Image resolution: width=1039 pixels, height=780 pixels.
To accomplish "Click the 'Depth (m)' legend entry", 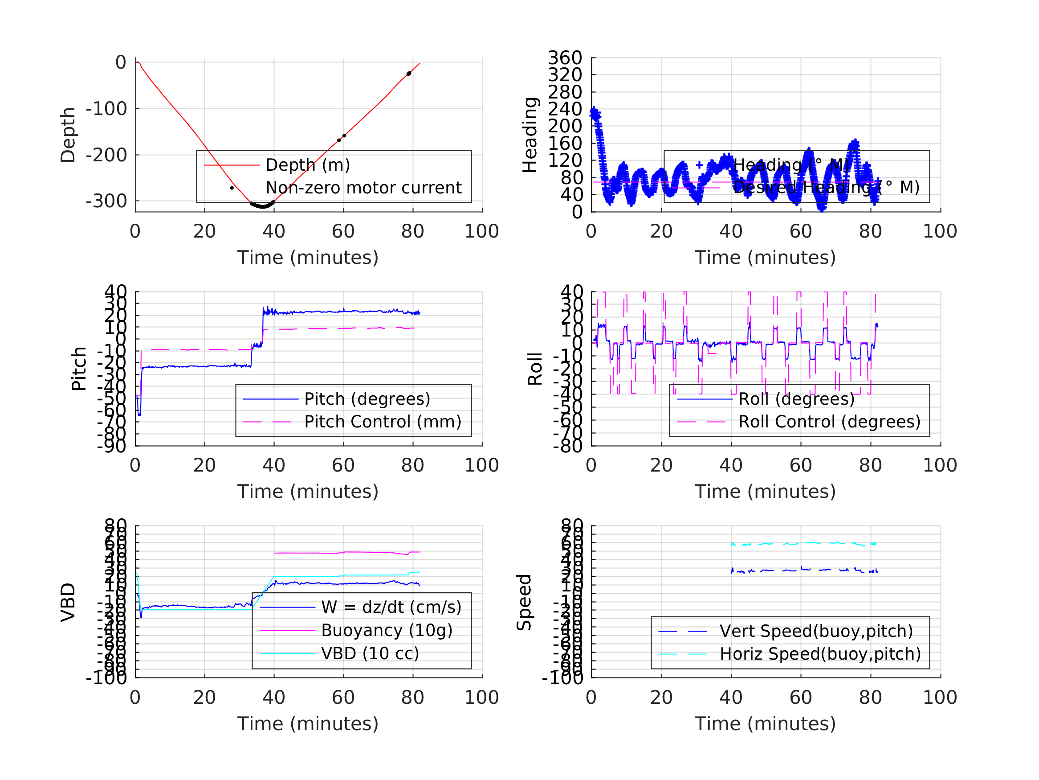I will click(308, 165).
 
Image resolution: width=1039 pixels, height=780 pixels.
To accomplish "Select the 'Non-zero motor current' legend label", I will click(363, 188).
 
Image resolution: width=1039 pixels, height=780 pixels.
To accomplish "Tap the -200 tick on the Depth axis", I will click(106, 155).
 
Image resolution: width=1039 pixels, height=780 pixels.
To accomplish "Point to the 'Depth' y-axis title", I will click(68, 135).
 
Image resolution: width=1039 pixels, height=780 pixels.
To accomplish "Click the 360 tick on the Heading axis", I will click(565, 58).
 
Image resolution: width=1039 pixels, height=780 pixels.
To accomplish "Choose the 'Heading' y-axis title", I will click(530, 135).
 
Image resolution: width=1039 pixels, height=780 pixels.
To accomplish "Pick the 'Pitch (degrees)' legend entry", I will click(367, 399).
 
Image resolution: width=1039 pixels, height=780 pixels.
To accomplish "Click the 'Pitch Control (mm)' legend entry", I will click(383, 422).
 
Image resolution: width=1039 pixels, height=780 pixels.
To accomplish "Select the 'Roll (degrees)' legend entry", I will click(796, 399).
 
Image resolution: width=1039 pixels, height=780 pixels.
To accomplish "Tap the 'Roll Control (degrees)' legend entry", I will click(829, 422).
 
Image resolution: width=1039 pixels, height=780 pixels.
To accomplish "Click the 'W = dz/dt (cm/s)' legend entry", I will click(391, 607).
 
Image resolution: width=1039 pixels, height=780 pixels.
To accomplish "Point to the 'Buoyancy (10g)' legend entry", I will click(387, 630).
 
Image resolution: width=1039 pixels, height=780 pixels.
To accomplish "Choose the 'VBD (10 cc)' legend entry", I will click(370, 653).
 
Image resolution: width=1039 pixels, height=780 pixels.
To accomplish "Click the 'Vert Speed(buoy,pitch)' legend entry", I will click(816, 631).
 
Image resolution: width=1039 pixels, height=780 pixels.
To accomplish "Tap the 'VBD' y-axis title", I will click(68, 602).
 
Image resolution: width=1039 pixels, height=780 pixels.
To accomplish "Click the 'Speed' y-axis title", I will click(524, 602).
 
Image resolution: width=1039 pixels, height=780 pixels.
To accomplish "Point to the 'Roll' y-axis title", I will click(535, 369).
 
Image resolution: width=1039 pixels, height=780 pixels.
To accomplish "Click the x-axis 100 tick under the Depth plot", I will click(481, 231).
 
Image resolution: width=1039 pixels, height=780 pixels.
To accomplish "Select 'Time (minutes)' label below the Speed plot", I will click(765, 723).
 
